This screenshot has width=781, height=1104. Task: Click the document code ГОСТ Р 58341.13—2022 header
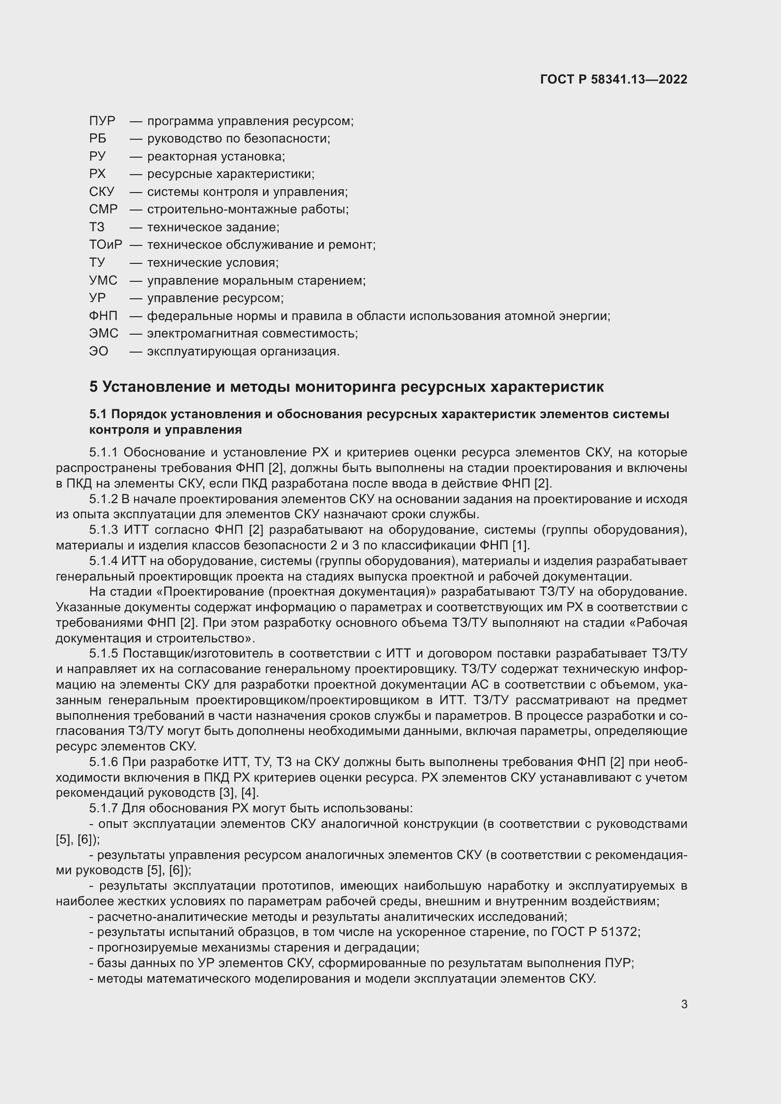click(614, 79)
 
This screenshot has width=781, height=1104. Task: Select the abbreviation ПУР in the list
click(102, 121)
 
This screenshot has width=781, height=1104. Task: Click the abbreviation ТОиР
click(105, 245)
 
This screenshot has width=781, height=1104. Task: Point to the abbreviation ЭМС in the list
click(103, 333)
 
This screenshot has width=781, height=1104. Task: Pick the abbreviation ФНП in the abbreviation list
click(103, 316)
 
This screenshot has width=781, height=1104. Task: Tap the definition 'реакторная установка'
click(216, 156)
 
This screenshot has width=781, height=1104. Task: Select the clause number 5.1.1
click(104, 453)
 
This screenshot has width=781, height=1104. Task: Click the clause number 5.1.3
click(104, 530)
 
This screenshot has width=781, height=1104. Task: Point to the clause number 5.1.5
click(104, 653)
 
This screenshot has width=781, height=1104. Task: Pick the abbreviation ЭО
click(99, 351)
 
